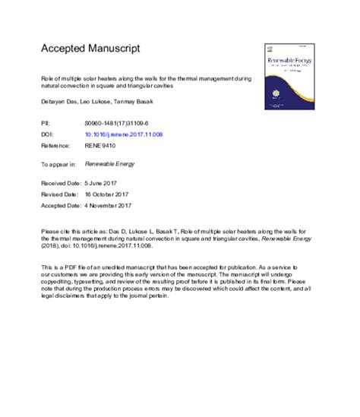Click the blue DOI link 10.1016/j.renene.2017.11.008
(123, 134)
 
